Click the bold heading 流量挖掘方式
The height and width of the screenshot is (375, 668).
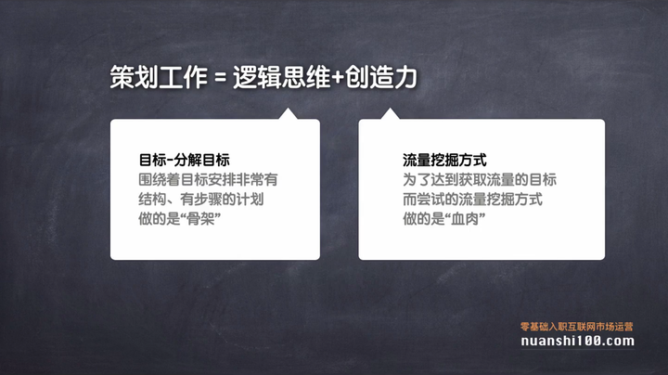445,160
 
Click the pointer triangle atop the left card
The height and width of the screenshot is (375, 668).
289,115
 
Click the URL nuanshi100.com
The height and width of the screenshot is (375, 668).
576,342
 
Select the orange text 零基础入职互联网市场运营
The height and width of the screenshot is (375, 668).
576,326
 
